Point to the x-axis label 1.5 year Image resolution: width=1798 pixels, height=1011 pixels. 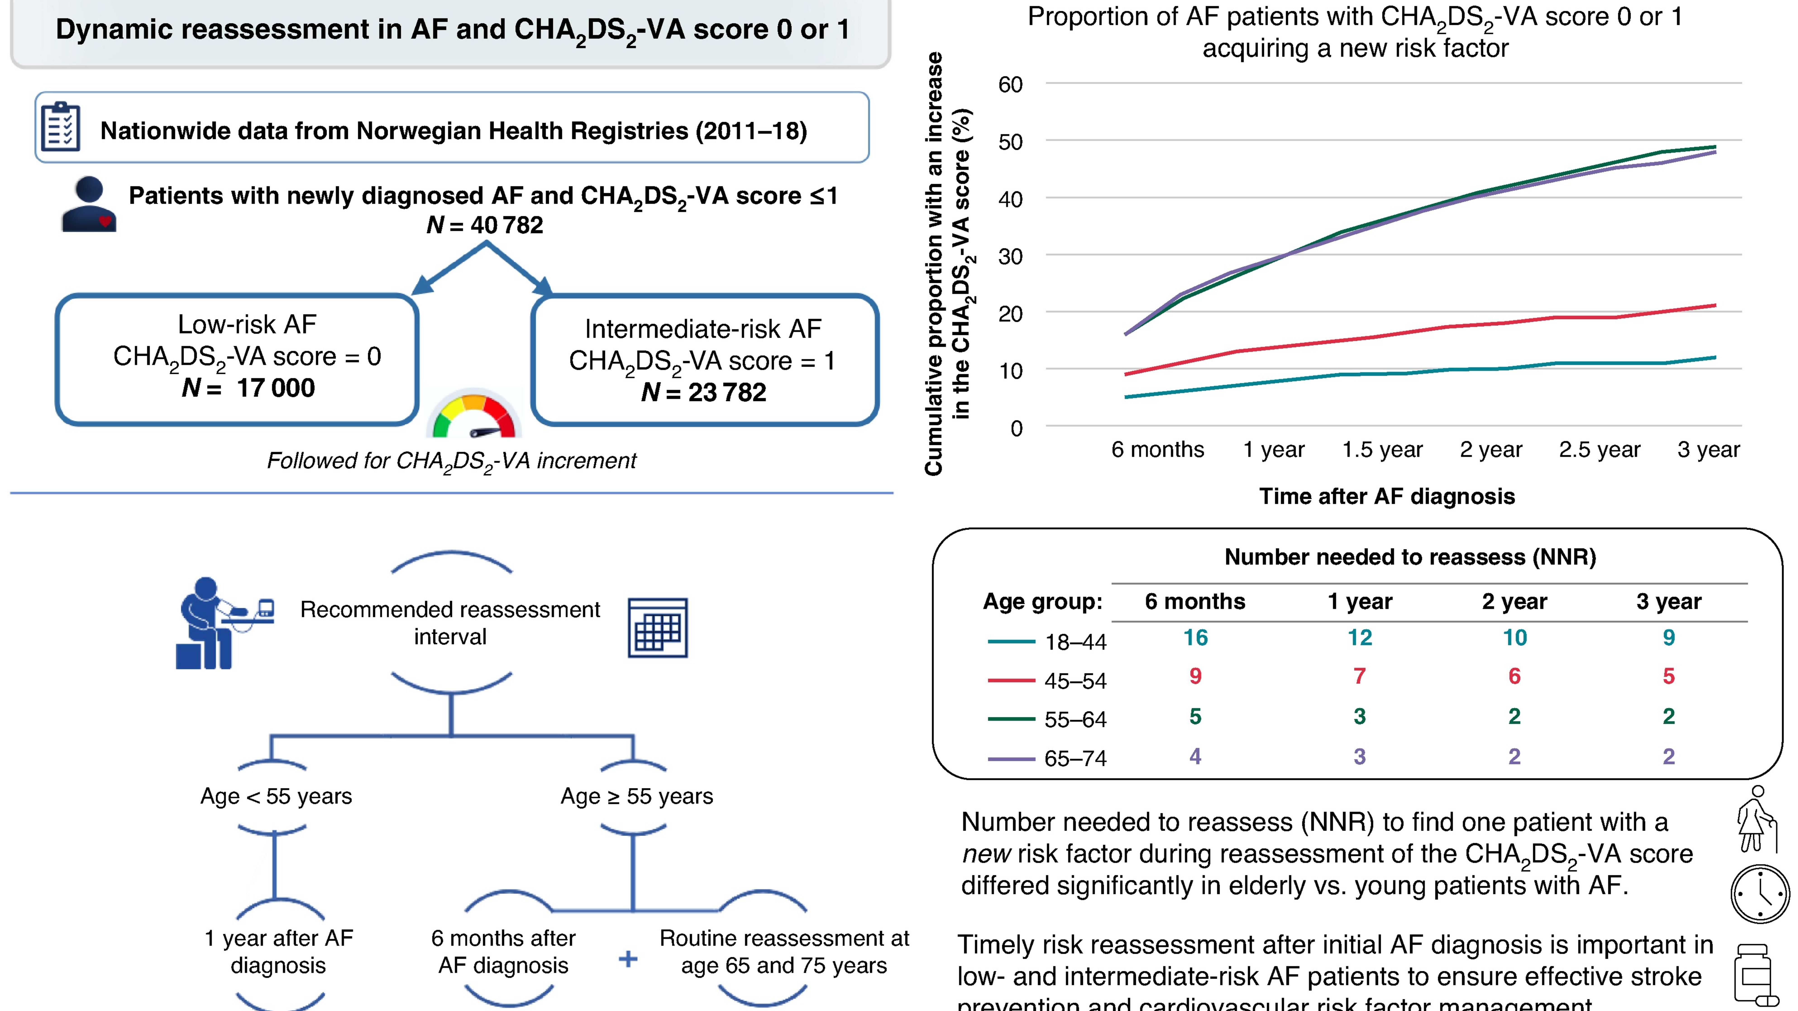[x=1382, y=450]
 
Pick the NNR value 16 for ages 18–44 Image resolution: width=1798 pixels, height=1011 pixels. [x=1195, y=638]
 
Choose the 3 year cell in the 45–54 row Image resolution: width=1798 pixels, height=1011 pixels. [x=1668, y=676]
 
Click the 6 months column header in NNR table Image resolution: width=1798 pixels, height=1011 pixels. [x=1195, y=601]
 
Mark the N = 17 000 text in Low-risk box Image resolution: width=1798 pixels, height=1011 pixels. [x=248, y=387]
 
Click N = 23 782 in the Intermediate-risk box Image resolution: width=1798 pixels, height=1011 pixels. [x=704, y=392]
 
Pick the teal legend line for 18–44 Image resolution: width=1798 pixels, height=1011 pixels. [x=1011, y=641]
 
